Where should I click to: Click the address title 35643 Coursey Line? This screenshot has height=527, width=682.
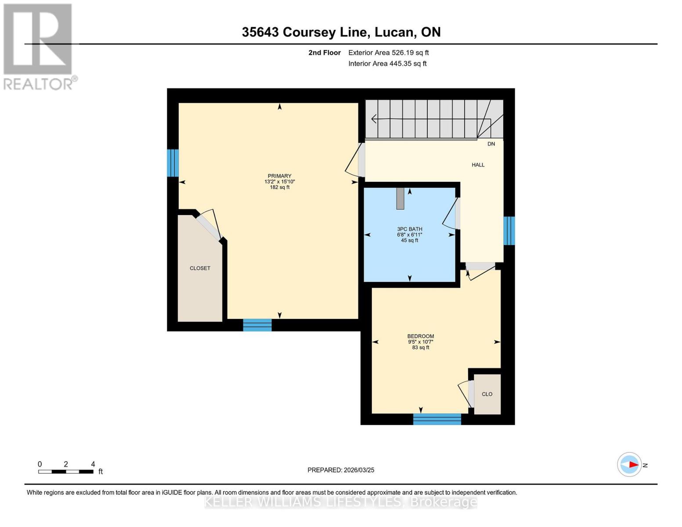pyautogui.click(x=341, y=32)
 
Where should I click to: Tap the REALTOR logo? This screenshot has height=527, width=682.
pyautogui.click(x=39, y=47)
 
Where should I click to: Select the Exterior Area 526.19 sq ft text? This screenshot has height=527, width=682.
pyautogui.click(x=388, y=53)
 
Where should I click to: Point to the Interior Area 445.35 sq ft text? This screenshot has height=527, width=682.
pyautogui.click(x=387, y=64)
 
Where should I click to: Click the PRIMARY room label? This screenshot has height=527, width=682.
pyautogui.click(x=280, y=176)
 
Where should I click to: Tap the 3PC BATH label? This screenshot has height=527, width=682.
pyautogui.click(x=409, y=229)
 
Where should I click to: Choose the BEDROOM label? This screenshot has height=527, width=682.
pyautogui.click(x=420, y=336)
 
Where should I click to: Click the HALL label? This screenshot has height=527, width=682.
pyautogui.click(x=478, y=165)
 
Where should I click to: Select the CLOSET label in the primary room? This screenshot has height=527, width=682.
pyautogui.click(x=200, y=268)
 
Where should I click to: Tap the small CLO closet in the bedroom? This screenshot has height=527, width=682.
pyautogui.click(x=487, y=394)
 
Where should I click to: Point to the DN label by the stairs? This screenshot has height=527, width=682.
pyautogui.click(x=491, y=144)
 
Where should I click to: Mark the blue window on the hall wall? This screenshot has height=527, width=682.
pyautogui.click(x=509, y=231)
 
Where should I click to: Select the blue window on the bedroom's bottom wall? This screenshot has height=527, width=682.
pyautogui.click(x=437, y=419)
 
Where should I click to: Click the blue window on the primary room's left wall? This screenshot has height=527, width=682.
pyautogui.click(x=173, y=163)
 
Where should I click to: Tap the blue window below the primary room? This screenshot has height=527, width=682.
pyautogui.click(x=257, y=325)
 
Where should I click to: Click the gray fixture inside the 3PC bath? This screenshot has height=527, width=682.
pyautogui.click(x=400, y=199)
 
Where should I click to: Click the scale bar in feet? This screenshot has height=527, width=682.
pyautogui.click(x=66, y=472)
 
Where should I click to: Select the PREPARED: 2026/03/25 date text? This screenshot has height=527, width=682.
pyautogui.click(x=341, y=470)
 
